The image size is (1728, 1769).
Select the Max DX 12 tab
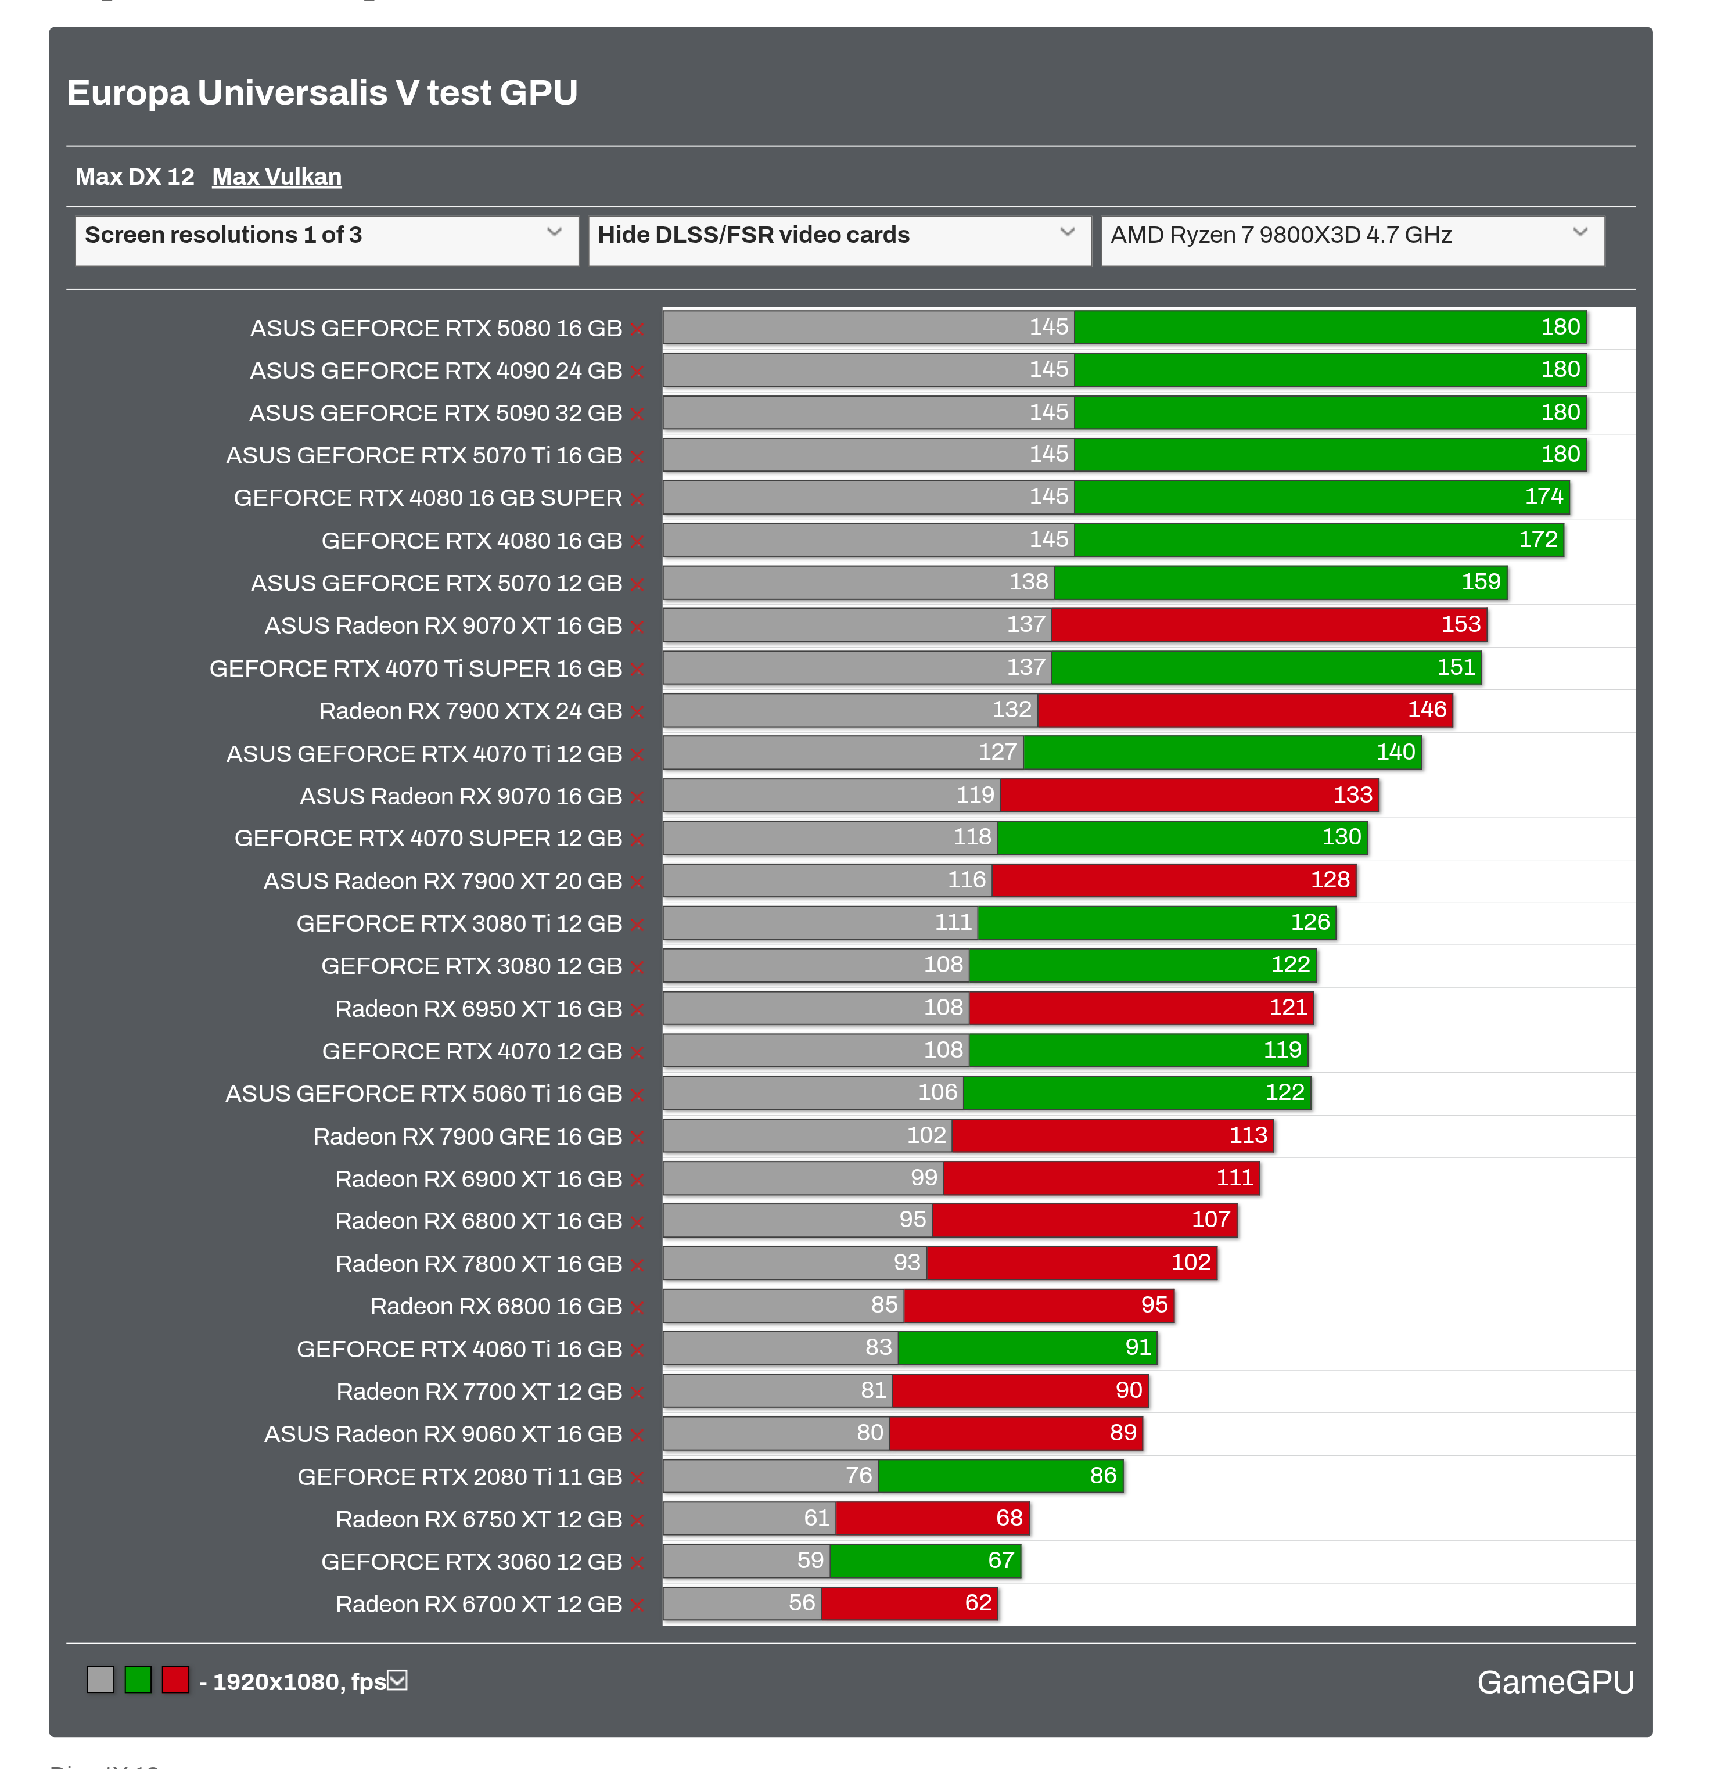pos(134,177)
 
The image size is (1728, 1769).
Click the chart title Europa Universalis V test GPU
pos(322,92)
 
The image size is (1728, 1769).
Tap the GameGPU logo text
pos(1555,1682)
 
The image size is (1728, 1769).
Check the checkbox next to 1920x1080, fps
pos(397,1681)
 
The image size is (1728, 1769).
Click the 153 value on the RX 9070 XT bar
pos(1460,624)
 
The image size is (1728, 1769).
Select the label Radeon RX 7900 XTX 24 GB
pos(470,711)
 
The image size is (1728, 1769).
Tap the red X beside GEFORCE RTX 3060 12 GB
pos(637,1563)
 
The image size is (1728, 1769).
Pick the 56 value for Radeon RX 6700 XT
pos(802,1603)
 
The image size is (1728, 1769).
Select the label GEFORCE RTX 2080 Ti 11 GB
pos(459,1477)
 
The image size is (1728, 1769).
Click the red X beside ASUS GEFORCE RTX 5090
pos(637,415)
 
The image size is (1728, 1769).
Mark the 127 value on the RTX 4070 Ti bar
pos(997,753)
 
